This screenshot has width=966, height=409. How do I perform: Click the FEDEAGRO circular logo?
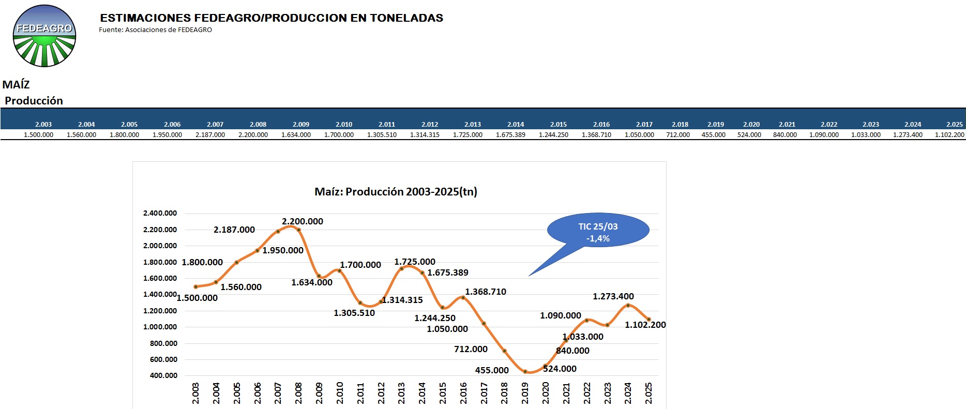pos(44,36)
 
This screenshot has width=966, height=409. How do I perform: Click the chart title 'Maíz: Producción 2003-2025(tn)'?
pos(396,192)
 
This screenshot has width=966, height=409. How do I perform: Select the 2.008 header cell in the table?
pos(258,125)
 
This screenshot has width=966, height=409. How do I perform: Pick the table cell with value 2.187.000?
pos(210,135)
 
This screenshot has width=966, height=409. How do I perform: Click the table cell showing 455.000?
pos(713,135)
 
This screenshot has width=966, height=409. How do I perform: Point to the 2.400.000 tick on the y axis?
pos(160,213)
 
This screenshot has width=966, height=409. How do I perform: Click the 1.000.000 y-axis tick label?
pos(160,327)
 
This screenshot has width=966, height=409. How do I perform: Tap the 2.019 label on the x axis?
pos(525,393)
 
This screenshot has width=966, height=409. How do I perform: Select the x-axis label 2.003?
pos(195,393)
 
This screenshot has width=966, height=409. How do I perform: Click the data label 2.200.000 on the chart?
pos(303,221)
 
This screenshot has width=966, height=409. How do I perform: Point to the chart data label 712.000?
pos(471,349)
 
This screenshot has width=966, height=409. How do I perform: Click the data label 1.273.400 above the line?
pos(613,296)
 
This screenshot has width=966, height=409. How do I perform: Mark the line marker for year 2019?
pos(525,371)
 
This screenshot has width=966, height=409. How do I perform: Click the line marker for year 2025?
pos(648,320)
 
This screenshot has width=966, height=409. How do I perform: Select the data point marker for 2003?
pos(195,286)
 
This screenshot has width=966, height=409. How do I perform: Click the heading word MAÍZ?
pos(16,85)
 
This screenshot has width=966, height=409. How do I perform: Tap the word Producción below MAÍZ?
pos(34,101)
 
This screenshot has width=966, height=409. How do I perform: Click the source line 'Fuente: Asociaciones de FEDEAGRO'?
pos(155,30)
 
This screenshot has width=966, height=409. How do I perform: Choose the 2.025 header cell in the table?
pos(954,125)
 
